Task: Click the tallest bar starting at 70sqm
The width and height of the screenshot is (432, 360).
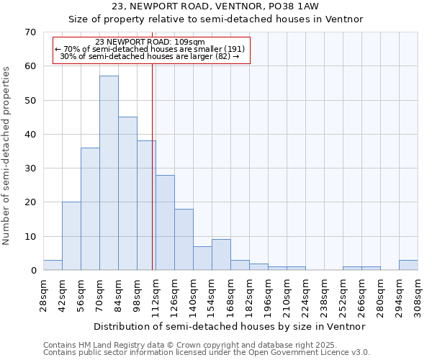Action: (x=109, y=173)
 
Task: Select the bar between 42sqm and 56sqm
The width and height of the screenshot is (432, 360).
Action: (x=71, y=236)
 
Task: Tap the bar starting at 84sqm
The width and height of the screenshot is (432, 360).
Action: (x=127, y=193)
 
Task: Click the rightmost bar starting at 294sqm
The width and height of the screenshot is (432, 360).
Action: (x=408, y=265)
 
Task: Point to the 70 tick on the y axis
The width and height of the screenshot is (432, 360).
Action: (x=30, y=32)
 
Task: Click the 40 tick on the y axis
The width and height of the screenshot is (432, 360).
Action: (x=30, y=135)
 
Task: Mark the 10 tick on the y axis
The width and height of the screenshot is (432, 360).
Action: (x=30, y=237)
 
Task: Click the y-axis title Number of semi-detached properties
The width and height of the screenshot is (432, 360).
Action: (x=7, y=156)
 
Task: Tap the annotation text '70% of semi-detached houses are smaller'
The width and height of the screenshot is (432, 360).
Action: (x=150, y=49)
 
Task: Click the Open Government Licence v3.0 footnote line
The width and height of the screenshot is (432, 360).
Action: (x=207, y=353)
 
